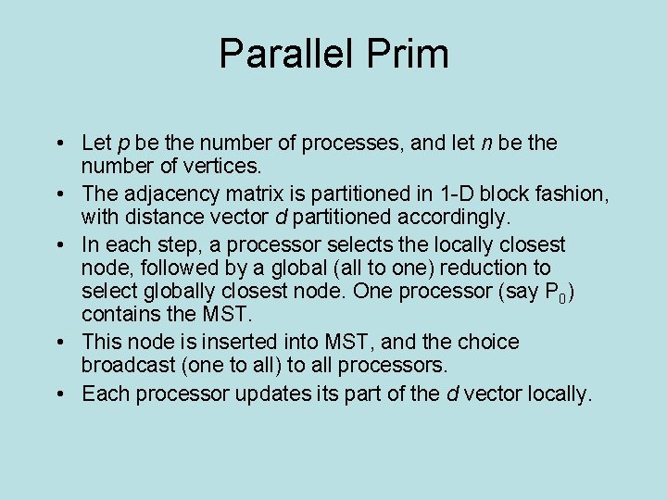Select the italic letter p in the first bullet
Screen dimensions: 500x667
(123, 144)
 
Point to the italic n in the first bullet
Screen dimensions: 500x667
(486, 144)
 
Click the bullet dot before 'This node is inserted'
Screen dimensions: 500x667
(58, 343)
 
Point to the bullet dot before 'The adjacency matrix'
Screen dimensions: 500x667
(58, 194)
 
